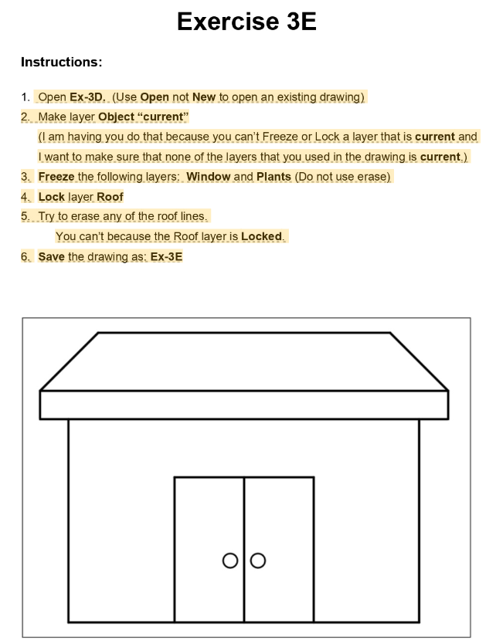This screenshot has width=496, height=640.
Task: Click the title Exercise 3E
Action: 246,22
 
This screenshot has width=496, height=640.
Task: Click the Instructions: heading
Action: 61,62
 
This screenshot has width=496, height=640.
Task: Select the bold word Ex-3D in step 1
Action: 87,97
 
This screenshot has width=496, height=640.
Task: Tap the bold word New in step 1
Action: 204,97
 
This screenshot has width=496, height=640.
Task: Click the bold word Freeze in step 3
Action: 56,177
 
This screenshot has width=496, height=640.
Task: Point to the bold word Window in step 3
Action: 208,177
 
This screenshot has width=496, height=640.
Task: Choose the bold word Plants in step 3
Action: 273,177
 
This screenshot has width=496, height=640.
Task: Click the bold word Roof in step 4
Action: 110,197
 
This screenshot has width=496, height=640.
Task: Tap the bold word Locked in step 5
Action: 263,237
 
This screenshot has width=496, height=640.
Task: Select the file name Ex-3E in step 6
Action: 166,257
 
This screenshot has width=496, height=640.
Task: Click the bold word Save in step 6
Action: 52,257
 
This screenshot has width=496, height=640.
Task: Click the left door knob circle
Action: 229,560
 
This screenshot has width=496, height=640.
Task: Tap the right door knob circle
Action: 258,560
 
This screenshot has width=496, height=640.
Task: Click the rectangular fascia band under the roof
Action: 243,405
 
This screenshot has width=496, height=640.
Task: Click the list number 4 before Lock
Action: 25,197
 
